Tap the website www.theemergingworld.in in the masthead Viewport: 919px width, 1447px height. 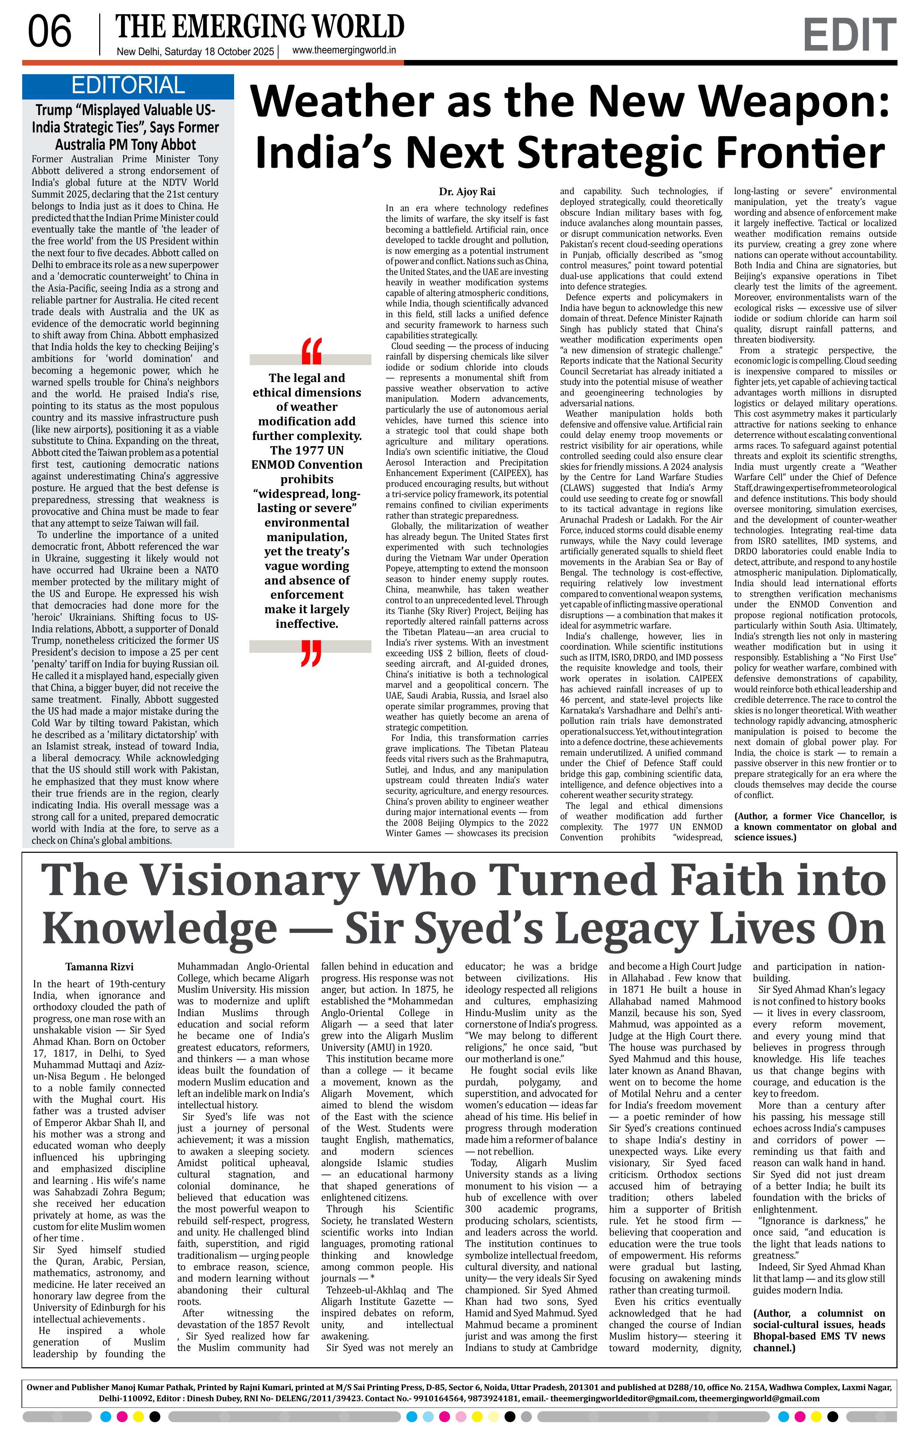point(344,51)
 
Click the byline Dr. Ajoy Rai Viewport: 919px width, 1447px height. point(467,192)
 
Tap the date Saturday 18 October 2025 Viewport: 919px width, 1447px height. point(219,52)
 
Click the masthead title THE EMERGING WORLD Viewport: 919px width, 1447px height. point(260,27)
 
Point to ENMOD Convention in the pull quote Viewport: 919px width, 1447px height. point(307,465)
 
